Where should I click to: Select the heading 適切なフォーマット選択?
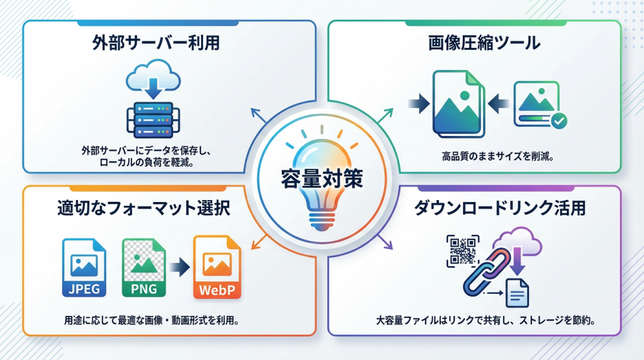click(x=143, y=208)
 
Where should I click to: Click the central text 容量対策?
click(x=321, y=178)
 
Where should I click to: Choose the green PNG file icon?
click(x=144, y=267)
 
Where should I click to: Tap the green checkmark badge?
click(x=558, y=120)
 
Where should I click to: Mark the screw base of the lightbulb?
click(x=321, y=220)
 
